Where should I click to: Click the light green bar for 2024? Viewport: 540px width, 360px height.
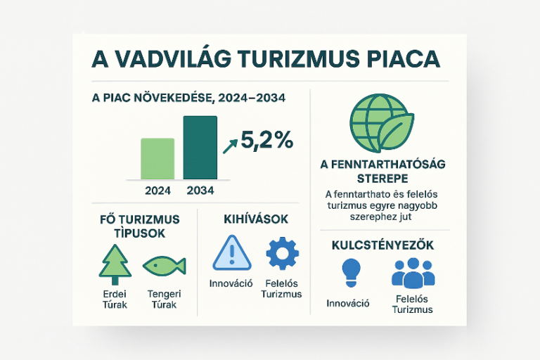157,158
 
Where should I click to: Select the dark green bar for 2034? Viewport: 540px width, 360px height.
200,147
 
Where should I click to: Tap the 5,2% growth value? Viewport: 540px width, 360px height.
266,141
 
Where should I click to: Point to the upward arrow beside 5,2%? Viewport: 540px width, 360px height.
230,145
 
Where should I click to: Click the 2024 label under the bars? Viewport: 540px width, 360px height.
157,190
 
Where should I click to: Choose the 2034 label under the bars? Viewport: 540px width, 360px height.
200,190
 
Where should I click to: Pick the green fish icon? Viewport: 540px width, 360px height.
164,265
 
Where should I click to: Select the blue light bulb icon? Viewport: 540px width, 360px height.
350,271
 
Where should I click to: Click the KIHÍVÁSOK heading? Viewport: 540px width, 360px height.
256,220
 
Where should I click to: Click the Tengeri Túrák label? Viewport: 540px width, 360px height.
162,300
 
